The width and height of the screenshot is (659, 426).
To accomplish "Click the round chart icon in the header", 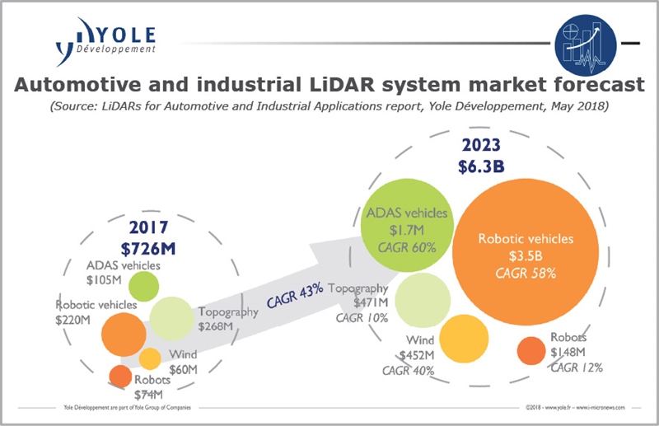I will pos(587,41).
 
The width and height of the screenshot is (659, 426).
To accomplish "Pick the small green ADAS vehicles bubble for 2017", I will pos(144,286).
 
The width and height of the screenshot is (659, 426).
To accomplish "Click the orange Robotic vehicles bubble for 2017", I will pos(123,332).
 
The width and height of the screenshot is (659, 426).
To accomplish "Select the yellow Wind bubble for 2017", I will pos(150,358).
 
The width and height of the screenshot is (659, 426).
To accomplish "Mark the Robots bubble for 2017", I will pos(120,377).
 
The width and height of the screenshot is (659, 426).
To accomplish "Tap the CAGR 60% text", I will pos(406,246).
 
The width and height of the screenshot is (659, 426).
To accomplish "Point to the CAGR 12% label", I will pos(577,367).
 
